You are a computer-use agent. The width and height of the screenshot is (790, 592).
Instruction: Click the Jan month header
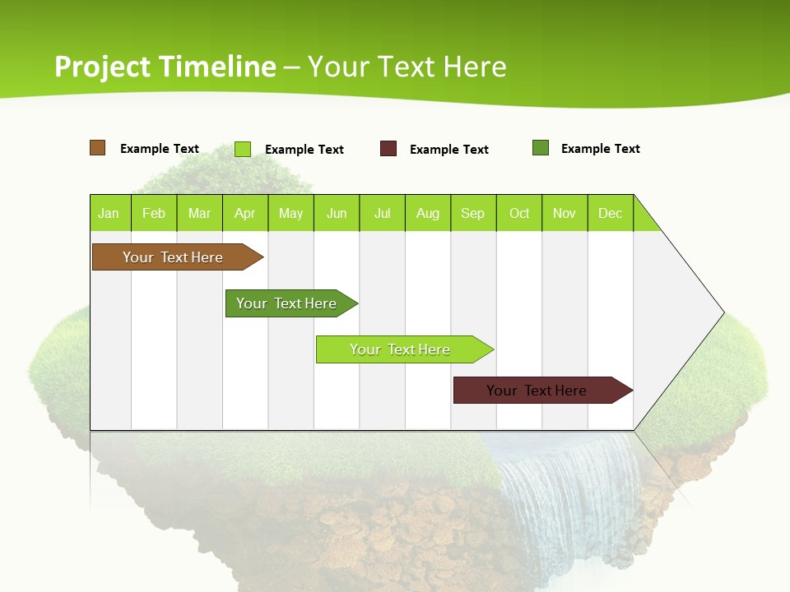(109, 213)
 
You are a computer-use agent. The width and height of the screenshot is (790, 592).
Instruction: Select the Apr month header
(244, 213)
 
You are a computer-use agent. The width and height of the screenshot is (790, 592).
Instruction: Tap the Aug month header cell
(427, 213)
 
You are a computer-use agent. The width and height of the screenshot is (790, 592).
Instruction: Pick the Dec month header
(610, 213)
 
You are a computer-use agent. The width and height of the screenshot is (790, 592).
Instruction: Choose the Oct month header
(519, 213)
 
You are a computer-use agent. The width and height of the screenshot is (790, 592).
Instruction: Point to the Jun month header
(336, 213)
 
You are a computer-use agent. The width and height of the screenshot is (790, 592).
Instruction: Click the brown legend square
(98, 148)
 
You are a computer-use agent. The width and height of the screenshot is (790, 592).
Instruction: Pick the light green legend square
(243, 149)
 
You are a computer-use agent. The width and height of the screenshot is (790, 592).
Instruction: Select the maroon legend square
(388, 149)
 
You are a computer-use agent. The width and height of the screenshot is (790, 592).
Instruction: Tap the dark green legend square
(541, 148)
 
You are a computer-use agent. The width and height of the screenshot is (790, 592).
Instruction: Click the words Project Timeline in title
(165, 67)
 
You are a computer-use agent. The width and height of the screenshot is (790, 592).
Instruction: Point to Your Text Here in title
(407, 67)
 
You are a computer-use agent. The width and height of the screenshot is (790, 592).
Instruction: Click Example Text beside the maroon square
(449, 150)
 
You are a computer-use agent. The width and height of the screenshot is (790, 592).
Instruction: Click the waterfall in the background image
(568, 493)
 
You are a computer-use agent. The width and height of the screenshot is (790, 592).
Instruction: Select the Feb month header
(154, 213)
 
